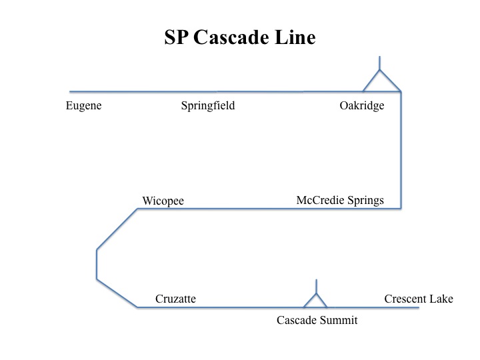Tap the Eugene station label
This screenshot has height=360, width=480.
83,105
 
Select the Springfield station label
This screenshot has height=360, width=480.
208,106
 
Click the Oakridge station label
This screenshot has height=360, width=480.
362,105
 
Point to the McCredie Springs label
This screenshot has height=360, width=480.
340,201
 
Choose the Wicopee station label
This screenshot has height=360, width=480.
163,201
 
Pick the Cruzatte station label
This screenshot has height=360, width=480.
175,299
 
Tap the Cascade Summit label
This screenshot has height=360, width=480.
317,321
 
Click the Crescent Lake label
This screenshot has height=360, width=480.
419,299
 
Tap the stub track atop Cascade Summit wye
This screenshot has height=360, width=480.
316,286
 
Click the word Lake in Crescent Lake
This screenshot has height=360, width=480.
441,299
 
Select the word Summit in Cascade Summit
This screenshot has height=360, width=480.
340,321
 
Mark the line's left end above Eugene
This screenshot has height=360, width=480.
71,91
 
